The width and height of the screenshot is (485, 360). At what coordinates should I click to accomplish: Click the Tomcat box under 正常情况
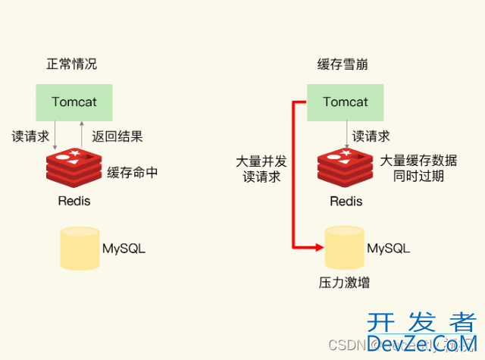[x=74, y=102]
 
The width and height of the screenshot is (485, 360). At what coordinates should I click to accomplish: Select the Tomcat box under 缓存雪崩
[x=345, y=102]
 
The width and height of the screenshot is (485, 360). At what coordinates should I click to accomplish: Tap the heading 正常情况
[x=71, y=64]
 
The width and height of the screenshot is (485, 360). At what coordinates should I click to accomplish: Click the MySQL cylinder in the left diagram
[x=79, y=249]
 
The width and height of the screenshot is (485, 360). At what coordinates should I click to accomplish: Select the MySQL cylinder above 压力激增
[x=346, y=248]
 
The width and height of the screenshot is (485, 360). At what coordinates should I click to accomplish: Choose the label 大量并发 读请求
[x=261, y=169]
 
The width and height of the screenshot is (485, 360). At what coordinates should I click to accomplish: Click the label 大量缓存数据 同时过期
[x=418, y=168]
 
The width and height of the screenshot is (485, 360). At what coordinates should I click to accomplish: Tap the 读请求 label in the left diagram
[x=31, y=137]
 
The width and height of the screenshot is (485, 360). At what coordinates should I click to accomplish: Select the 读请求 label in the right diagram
[x=371, y=137]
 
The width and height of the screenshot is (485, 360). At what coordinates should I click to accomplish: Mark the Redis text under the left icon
[x=74, y=201]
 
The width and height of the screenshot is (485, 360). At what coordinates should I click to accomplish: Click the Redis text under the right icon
[x=346, y=201]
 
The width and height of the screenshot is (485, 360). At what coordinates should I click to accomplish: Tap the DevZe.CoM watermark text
[x=421, y=344]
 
